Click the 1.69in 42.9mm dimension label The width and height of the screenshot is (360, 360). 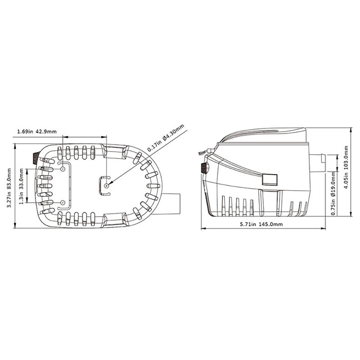(x=37, y=131)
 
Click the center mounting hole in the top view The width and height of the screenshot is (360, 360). (x=105, y=185)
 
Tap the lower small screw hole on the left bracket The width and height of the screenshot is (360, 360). (x=62, y=202)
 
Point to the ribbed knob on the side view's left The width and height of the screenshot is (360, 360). (x=204, y=169)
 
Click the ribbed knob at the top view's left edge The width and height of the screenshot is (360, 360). (x=34, y=158)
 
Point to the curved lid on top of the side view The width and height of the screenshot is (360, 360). (x=265, y=135)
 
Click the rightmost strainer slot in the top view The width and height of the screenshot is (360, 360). (x=153, y=185)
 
